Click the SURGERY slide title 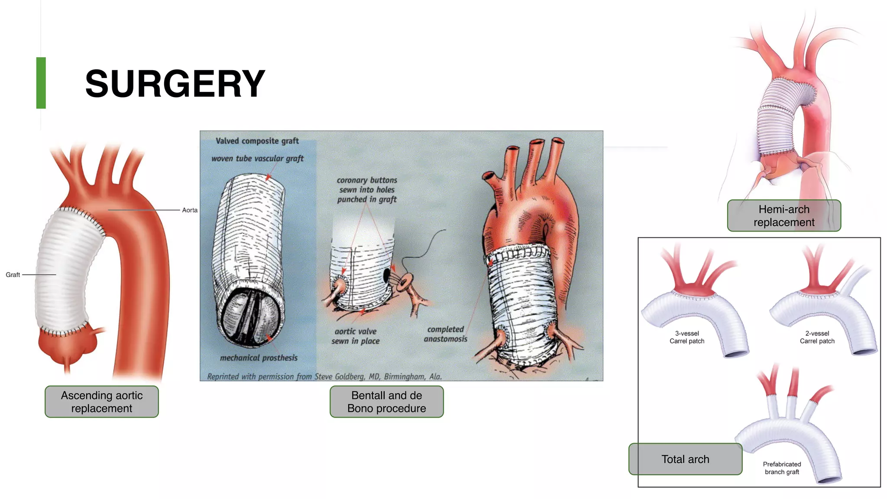(175, 84)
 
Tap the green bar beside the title (41, 83)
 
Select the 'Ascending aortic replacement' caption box (102, 402)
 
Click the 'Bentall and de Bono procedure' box (387, 402)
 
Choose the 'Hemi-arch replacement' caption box (784, 216)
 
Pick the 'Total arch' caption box (685, 459)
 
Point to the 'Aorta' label (190, 210)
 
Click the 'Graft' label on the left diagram (13, 275)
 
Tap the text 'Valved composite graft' (257, 141)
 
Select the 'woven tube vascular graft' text (257, 159)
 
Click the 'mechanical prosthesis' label (259, 358)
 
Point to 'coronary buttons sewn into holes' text (367, 189)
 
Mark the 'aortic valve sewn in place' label (356, 336)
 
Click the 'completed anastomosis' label (446, 334)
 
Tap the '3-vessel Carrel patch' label (687, 337)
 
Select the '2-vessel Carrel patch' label (817, 337)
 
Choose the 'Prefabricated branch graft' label (782, 468)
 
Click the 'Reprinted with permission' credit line (324, 376)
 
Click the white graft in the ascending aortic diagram (65, 273)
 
